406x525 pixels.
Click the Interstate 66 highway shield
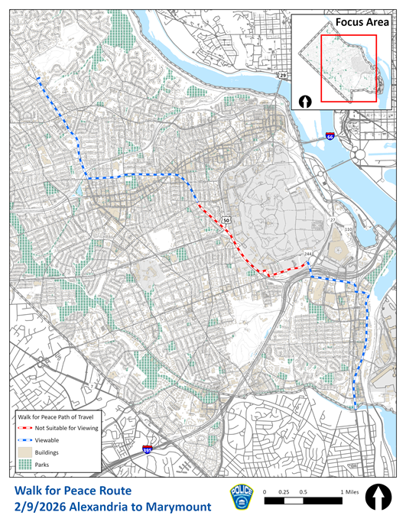coord(330,135)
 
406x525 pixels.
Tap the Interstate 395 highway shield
coord(147,451)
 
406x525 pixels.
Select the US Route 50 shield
coord(226,221)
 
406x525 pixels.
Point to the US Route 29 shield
coord(282,76)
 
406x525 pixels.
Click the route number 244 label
coord(308,252)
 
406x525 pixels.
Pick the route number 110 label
coord(349,229)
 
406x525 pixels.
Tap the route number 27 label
coord(333,220)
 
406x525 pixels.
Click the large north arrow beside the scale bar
coord(378,497)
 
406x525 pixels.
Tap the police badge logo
coord(241,497)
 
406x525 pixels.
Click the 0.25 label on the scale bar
coord(284,491)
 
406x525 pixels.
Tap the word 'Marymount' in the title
coord(175,506)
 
